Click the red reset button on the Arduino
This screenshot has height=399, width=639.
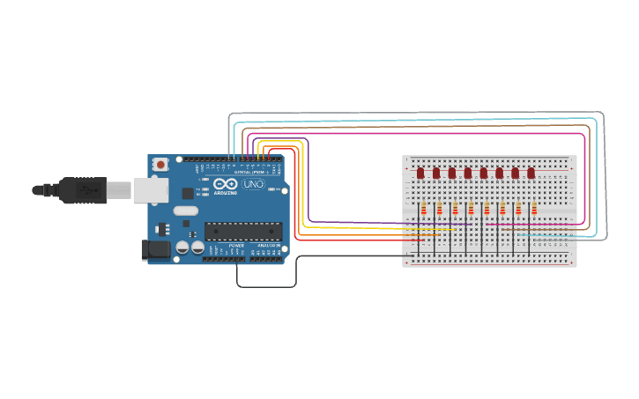160,165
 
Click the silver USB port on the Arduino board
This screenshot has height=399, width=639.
151,189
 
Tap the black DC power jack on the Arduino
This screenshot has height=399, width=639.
155,250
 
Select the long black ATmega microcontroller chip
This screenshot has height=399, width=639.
243,231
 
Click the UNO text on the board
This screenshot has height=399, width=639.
253,185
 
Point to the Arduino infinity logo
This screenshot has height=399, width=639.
226,185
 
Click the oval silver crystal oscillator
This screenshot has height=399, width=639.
186,211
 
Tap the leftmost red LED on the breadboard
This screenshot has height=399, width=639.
420,173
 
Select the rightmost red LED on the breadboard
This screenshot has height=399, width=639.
531,173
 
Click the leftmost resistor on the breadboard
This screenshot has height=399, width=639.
423,210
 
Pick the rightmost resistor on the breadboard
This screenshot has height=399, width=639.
534,210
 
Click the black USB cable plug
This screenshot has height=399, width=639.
84,189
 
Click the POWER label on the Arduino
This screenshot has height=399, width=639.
236,246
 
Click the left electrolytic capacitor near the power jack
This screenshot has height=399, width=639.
182,248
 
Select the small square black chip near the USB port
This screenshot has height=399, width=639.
188,193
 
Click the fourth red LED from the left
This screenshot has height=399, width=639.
468,173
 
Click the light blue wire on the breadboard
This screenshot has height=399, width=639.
546,235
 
